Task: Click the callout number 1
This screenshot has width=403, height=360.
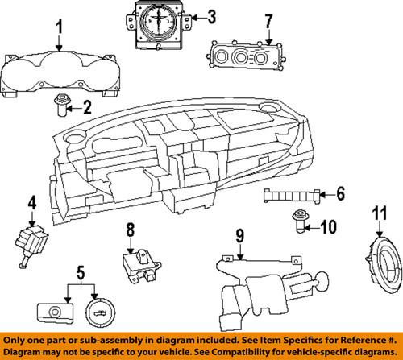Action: click(60, 27)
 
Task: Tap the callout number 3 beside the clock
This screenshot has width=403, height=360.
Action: click(212, 17)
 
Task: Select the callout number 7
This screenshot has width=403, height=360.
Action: click(269, 22)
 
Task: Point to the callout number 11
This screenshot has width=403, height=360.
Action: click(380, 213)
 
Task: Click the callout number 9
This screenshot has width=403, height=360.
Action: click(240, 236)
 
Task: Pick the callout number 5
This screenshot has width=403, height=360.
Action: click(81, 272)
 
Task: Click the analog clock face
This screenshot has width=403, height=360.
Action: click(159, 21)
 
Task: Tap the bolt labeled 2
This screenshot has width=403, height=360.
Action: click(62, 105)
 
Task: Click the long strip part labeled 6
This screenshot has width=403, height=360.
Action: click(292, 196)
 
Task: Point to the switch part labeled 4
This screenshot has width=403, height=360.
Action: click(31, 246)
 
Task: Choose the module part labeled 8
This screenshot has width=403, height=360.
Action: click(141, 266)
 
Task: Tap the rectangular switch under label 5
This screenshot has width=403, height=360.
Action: click(55, 312)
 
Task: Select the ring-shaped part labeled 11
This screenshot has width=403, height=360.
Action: click(384, 264)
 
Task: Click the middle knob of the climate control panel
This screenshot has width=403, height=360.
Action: click(240, 56)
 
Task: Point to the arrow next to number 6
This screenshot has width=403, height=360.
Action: click(327, 195)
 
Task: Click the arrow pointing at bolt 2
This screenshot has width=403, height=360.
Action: click(73, 109)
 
